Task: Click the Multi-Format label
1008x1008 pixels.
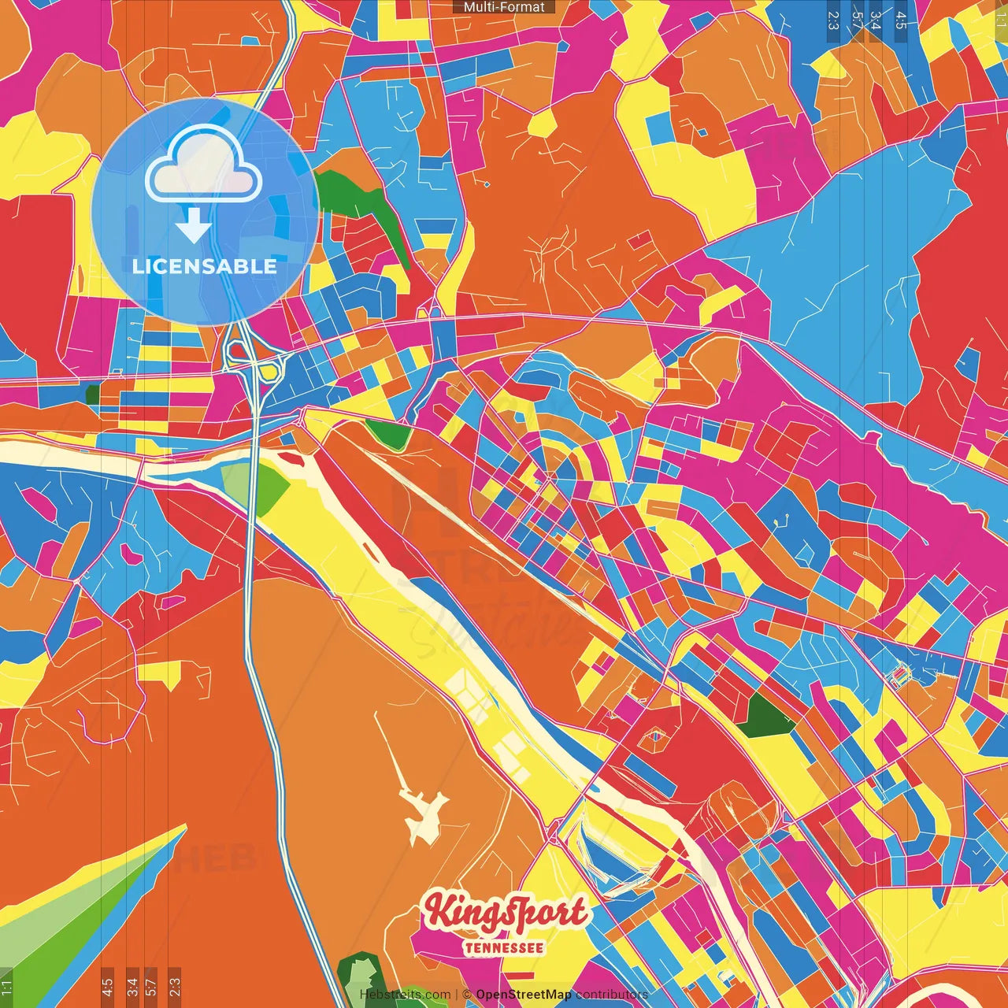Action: click(x=504, y=7)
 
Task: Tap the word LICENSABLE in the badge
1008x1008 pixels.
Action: click(x=205, y=266)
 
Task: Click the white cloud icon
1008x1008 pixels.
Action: click(x=203, y=164)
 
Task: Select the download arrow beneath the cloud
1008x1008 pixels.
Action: click(x=193, y=227)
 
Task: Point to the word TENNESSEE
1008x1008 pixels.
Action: click(x=504, y=947)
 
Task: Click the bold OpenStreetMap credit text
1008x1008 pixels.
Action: click(x=524, y=995)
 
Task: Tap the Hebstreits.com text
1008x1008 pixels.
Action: click(x=405, y=995)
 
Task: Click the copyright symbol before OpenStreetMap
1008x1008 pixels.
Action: click(x=467, y=995)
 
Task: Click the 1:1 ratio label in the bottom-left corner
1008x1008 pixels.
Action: click(x=6, y=988)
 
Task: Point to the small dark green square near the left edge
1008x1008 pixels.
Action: click(x=93, y=395)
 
